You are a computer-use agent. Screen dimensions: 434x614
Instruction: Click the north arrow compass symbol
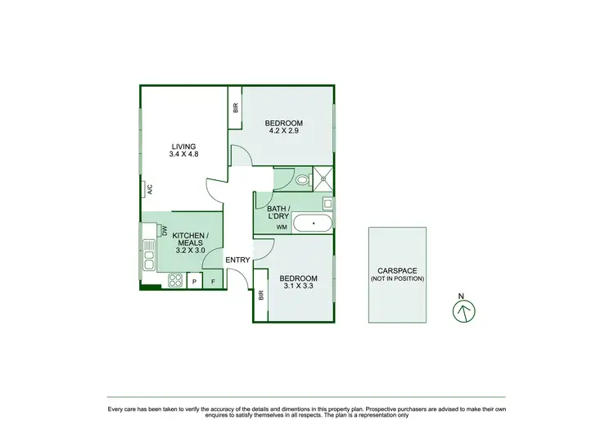pos(463,310)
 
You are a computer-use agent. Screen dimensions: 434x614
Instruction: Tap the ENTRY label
pos(237,260)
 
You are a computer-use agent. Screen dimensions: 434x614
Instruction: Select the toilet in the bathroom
pos(301,179)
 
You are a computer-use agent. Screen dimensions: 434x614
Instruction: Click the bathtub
pos(313,224)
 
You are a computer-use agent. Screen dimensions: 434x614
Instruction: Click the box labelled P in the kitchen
pos(194,282)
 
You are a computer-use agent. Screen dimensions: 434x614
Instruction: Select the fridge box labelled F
pos(214,282)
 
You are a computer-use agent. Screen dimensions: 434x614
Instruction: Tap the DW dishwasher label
pos(165,231)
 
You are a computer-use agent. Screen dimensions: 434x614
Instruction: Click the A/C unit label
pos(150,189)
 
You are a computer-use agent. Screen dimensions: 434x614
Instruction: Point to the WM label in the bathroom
pos(281,227)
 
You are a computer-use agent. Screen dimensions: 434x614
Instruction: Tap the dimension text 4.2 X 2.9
pos(283,131)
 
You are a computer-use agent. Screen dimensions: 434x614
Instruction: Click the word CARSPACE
pos(397,270)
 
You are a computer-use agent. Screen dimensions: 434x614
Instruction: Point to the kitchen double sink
pos(149,254)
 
